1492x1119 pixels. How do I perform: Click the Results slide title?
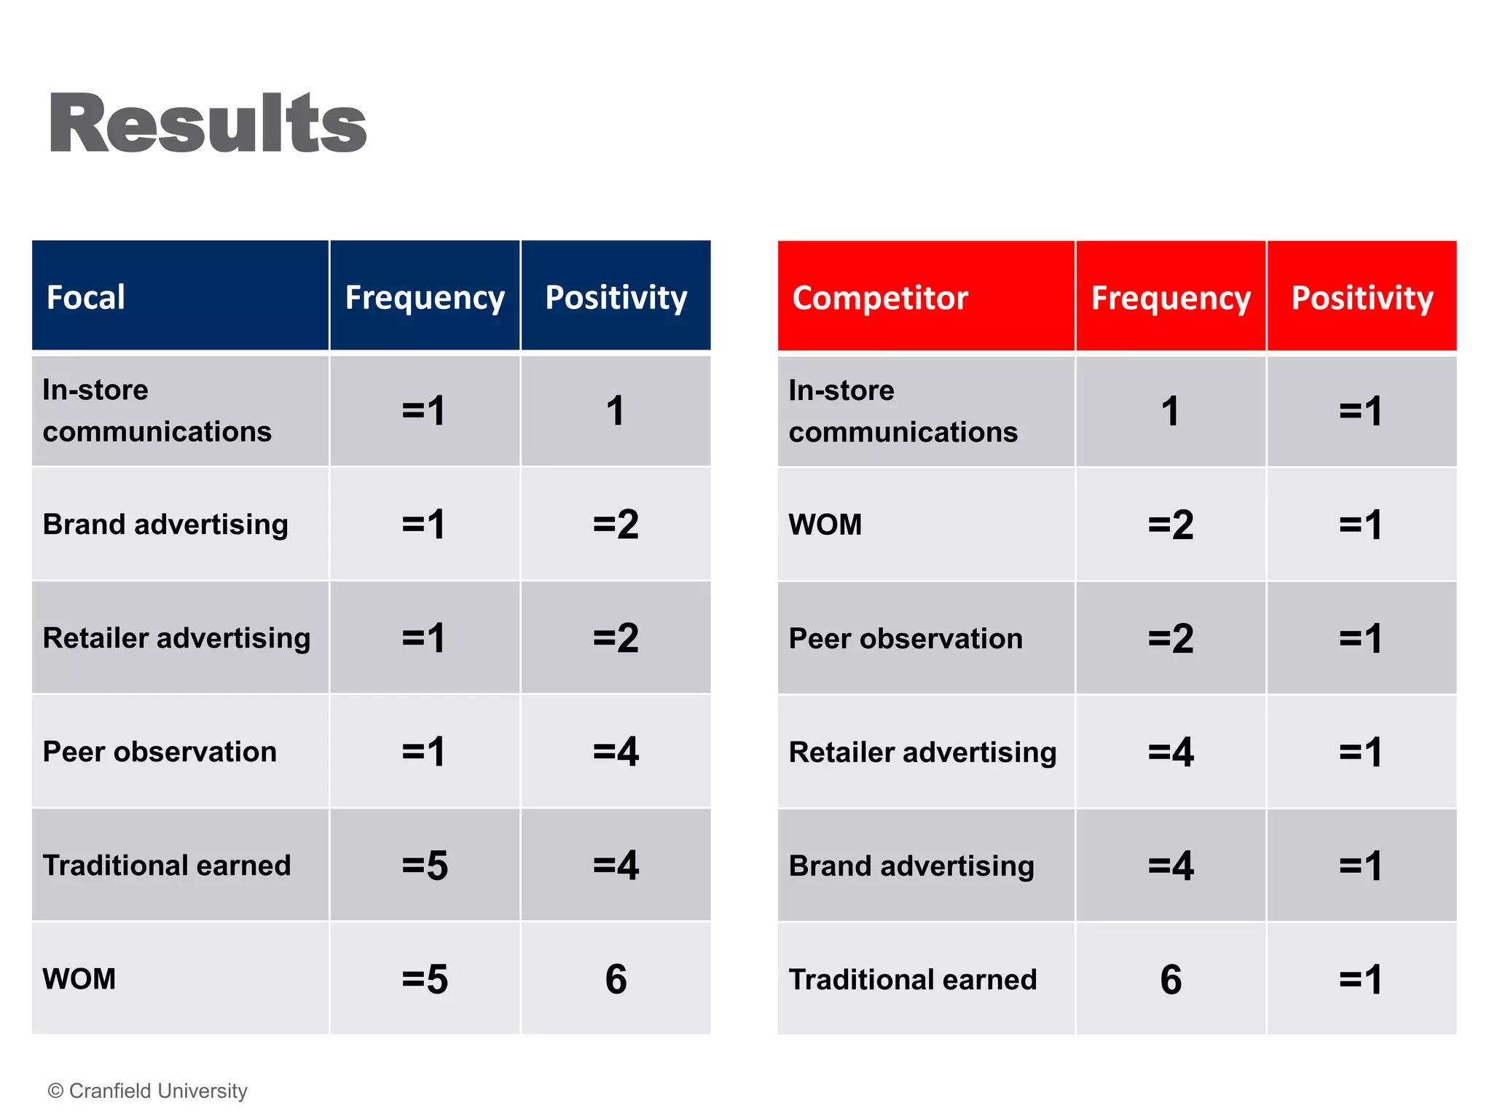(208, 124)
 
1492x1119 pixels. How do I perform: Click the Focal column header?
(86, 297)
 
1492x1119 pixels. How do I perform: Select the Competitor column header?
(880, 298)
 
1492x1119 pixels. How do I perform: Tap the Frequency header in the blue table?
(425, 297)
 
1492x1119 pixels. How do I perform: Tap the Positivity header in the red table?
(1362, 298)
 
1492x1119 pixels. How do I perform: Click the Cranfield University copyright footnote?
(148, 1091)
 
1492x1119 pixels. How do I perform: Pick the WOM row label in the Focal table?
(79, 978)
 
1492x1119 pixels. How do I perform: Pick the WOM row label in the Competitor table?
(825, 525)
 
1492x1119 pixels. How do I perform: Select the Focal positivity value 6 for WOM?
(616, 978)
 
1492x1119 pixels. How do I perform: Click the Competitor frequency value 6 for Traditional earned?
(1171, 979)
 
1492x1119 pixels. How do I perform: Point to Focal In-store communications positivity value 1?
(616, 411)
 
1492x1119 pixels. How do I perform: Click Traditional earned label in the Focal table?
(167, 865)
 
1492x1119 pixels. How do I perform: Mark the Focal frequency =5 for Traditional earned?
(425, 865)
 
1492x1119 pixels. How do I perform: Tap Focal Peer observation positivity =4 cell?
(616, 752)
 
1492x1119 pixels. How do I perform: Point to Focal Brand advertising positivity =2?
(616, 525)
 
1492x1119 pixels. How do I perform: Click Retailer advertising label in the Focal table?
(176, 638)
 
